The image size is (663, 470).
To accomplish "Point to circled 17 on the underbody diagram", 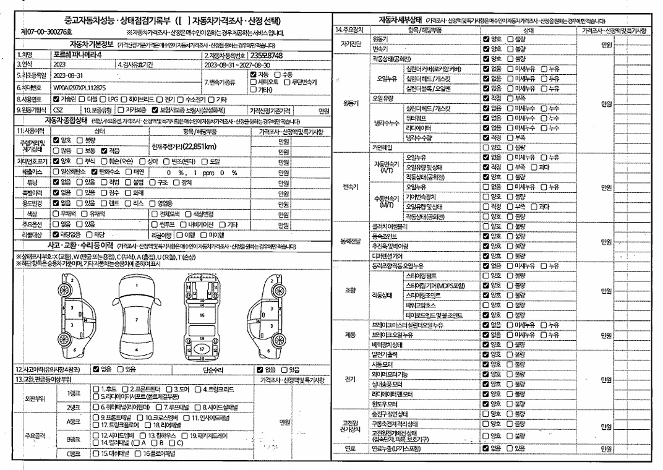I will pyautogui.click(x=202, y=349).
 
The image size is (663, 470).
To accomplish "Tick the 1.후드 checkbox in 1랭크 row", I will pyautogui.click(x=96, y=388).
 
